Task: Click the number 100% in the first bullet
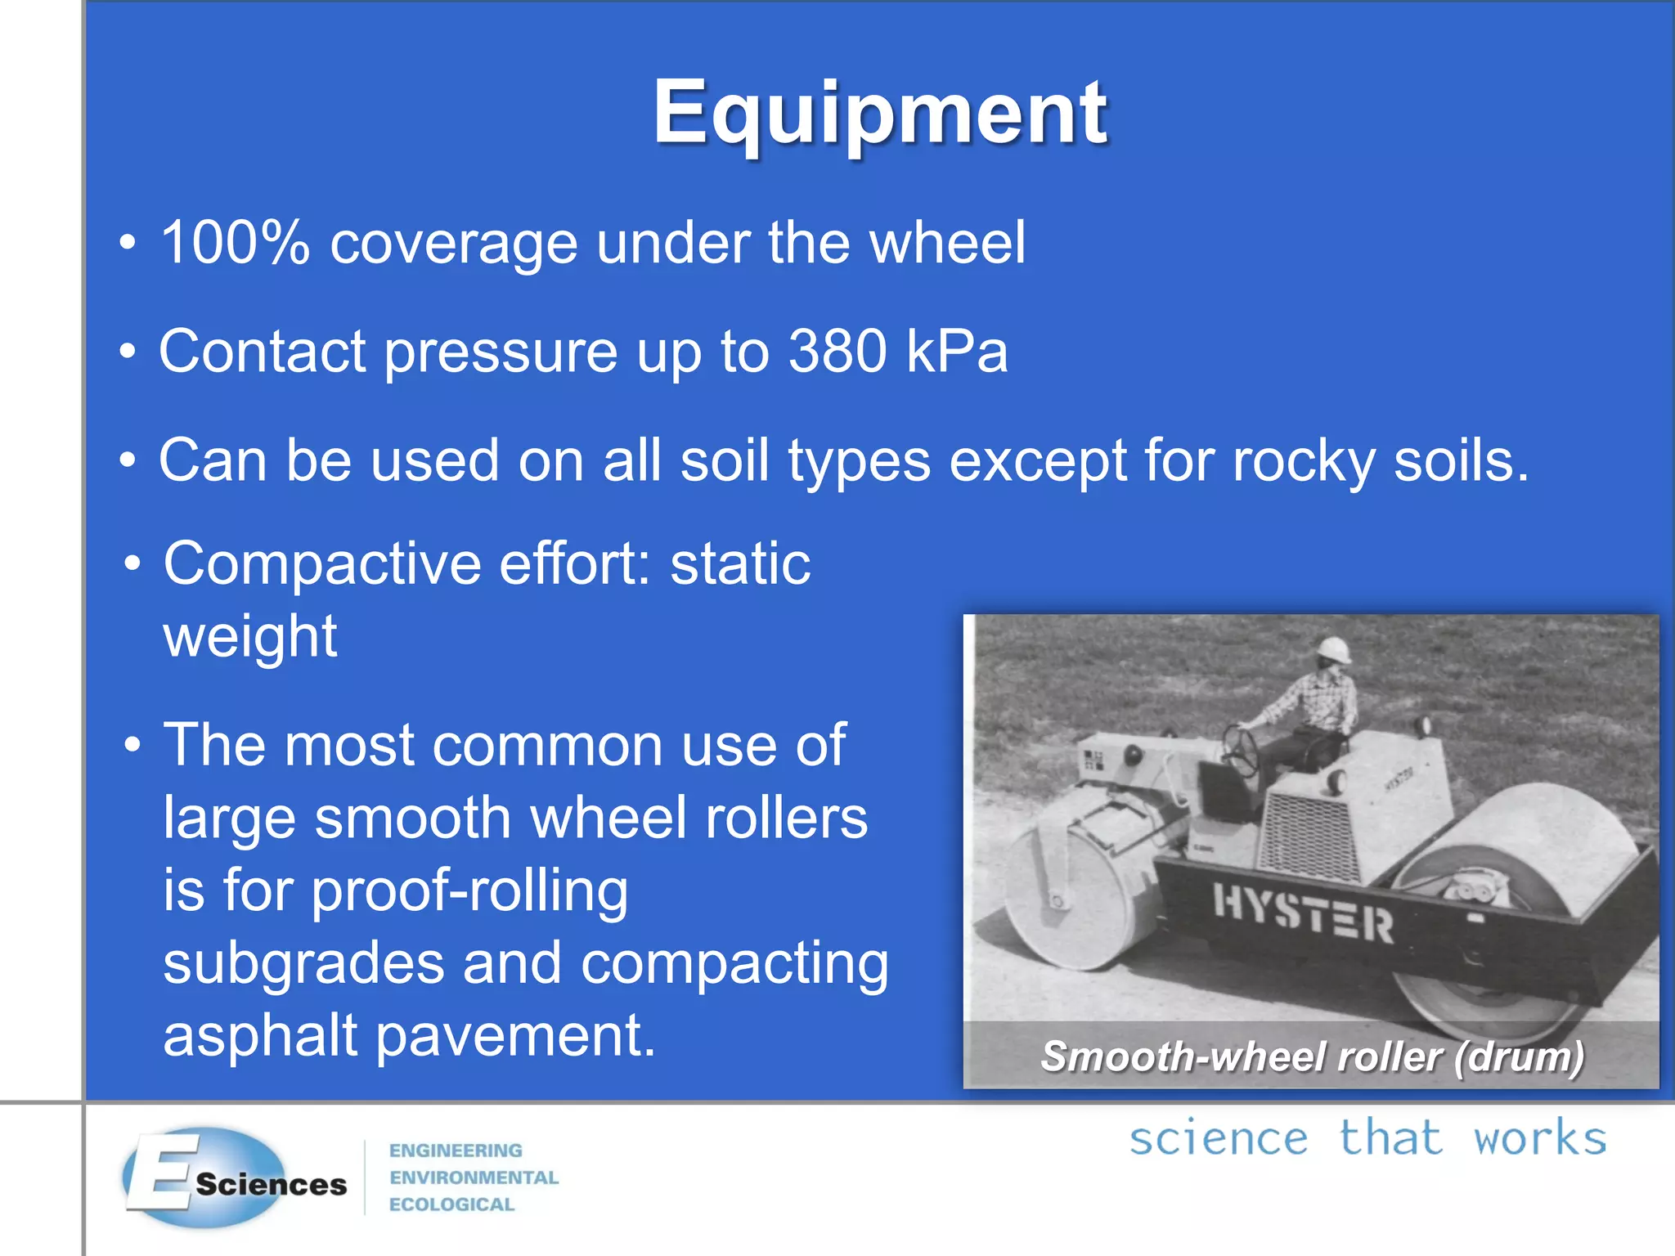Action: [x=236, y=243]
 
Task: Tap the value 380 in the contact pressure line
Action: [x=837, y=352]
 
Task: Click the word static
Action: [x=740, y=564]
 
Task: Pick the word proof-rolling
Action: [x=469, y=891]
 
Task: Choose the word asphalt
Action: [x=260, y=1036]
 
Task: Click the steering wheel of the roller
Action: [x=1241, y=749]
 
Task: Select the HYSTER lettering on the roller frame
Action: [x=1302, y=913]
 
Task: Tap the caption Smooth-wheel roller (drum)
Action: [x=1312, y=1056]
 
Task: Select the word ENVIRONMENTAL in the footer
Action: [x=474, y=1177]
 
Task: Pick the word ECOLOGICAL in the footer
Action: [x=451, y=1204]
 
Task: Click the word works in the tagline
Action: [x=1539, y=1138]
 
